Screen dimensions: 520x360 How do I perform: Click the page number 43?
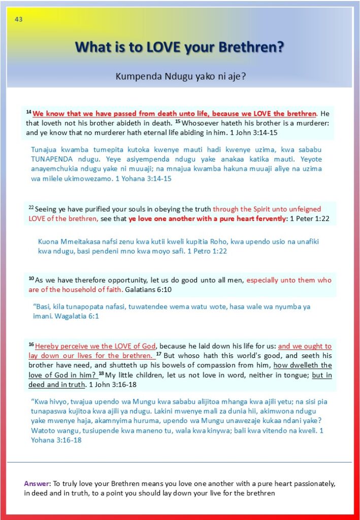19,19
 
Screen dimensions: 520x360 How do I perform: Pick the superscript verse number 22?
31,207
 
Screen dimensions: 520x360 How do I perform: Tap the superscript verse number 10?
31,278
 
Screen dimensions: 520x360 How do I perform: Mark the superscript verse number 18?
101,373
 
